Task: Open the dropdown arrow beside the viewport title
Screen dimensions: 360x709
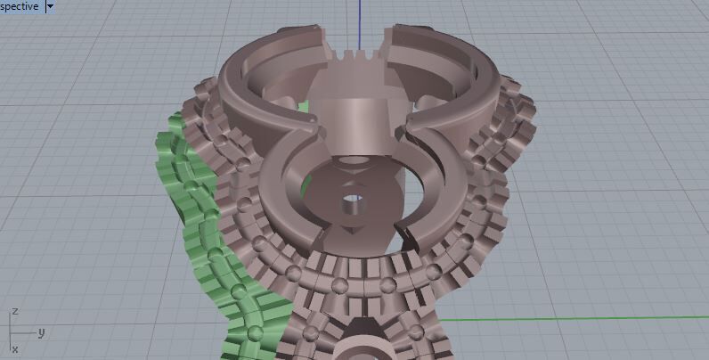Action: [x=49, y=5]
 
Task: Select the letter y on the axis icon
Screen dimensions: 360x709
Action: [x=41, y=331]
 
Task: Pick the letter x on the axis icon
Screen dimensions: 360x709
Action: [x=14, y=349]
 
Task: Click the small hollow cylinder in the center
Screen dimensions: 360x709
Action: [x=352, y=201]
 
